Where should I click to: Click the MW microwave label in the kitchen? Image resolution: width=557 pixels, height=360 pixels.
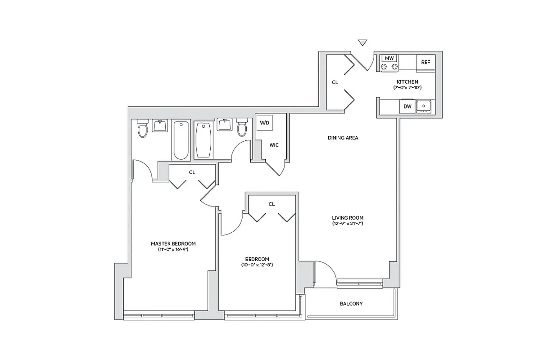point(389,58)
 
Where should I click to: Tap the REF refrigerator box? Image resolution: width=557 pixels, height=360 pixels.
point(426,63)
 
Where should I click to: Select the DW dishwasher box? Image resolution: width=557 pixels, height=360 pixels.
point(407,107)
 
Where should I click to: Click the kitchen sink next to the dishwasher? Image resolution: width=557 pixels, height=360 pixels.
point(423,106)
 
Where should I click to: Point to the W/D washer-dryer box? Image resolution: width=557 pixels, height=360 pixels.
point(264,122)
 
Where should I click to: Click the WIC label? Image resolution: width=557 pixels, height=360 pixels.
point(274,145)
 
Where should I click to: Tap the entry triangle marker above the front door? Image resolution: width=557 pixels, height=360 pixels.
point(362,43)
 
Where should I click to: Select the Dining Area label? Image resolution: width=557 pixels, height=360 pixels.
point(343,138)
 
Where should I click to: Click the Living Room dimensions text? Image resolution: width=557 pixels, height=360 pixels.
point(348,223)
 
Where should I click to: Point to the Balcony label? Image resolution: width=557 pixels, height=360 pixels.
point(351,304)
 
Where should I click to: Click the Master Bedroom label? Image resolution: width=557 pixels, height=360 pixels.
point(173,243)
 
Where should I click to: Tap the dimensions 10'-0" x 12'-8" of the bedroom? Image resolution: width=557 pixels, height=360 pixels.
point(257,265)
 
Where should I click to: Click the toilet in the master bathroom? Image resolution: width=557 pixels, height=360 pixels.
point(143,129)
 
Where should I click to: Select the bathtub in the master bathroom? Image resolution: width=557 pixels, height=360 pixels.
point(181,140)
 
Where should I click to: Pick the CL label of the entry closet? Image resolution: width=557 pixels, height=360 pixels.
point(335,82)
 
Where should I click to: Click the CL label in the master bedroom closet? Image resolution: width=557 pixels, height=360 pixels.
point(192,172)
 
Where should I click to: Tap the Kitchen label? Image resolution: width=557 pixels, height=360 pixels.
point(407,82)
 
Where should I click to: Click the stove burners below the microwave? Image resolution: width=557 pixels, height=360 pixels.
point(389,67)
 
